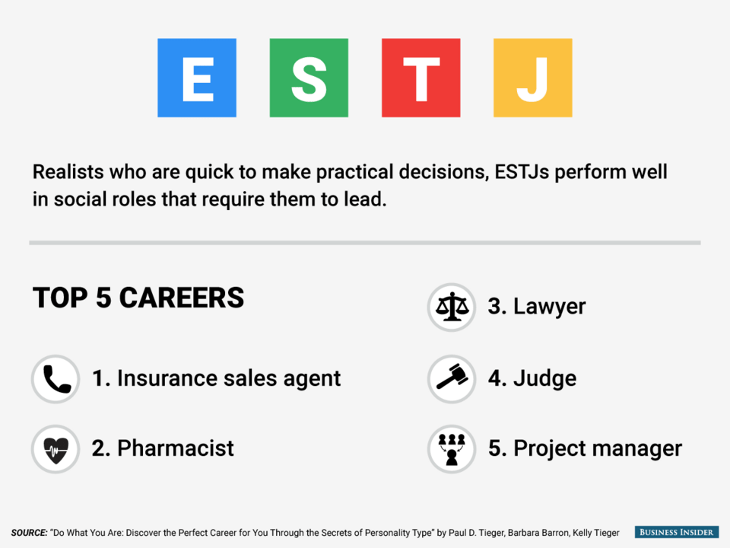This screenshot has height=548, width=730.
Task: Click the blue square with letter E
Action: coord(197,78)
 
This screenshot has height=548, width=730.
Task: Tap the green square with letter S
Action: coord(309,78)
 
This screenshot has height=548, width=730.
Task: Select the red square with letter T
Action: coord(421,78)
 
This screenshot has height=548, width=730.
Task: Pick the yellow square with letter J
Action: coord(533,78)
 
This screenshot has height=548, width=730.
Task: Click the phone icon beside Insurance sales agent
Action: coord(56,379)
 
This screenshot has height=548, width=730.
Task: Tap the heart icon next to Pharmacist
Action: coord(56,449)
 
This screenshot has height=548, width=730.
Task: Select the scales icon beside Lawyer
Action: coord(452,307)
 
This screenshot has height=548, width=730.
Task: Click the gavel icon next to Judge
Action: coord(452,379)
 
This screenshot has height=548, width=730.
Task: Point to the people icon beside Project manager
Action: coord(452,449)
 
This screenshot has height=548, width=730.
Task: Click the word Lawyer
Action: coord(549,307)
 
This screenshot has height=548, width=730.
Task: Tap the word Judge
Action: coord(544,379)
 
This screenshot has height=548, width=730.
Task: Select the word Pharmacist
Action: coord(176,448)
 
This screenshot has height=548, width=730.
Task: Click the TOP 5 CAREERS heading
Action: coord(138,298)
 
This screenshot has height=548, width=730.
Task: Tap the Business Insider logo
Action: coord(677,532)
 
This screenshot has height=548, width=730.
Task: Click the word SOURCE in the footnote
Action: coord(29,533)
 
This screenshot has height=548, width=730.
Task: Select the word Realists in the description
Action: coord(68,172)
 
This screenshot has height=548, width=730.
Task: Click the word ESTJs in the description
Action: coord(522,172)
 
